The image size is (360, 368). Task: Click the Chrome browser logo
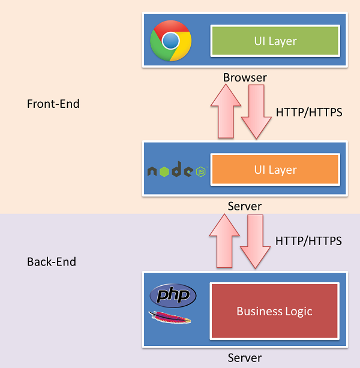[x=171, y=40]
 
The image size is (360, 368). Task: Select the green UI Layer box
[x=275, y=41]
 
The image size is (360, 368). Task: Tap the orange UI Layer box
[x=275, y=170]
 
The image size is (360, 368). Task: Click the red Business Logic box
[x=274, y=311]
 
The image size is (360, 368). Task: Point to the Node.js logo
[x=178, y=171]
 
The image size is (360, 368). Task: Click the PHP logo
[x=173, y=295]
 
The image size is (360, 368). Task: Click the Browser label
[x=245, y=77]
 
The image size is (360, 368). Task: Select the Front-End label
[x=53, y=104]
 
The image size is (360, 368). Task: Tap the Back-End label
[x=52, y=262]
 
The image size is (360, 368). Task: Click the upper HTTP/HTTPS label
[x=309, y=111]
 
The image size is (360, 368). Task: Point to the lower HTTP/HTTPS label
[x=308, y=241]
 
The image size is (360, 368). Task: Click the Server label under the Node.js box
[x=245, y=206]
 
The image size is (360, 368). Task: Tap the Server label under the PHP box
[x=245, y=358]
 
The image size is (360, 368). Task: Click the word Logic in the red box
[x=298, y=311]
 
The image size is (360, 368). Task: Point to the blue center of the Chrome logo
[x=171, y=40]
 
